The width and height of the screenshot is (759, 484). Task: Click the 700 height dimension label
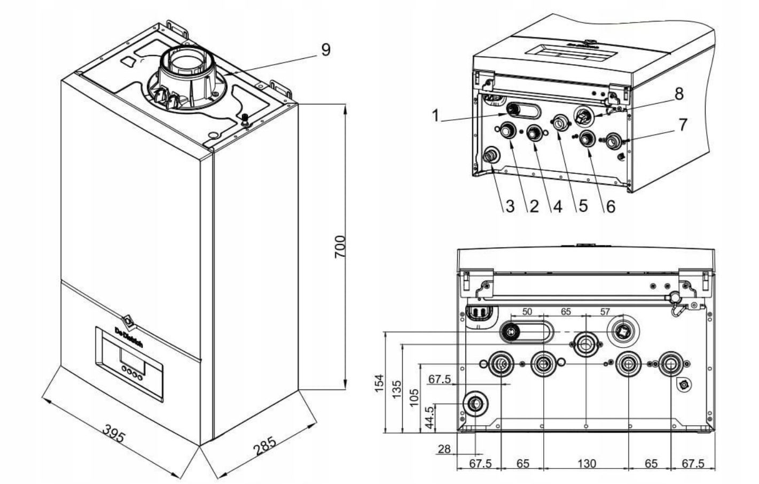(x=340, y=247)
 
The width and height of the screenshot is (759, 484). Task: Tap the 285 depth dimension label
(x=265, y=446)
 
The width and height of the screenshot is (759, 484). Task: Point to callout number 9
(x=325, y=49)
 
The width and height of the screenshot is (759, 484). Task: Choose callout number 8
(x=678, y=94)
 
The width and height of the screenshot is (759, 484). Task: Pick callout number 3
(x=510, y=206)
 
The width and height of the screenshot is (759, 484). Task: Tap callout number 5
(x=583, y=206)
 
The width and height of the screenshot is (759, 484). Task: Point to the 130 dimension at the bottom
(x=586, y=463)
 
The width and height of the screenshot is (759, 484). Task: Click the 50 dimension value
(x=527, y=311)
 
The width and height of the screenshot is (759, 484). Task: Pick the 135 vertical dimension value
(x=396, y=387)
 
